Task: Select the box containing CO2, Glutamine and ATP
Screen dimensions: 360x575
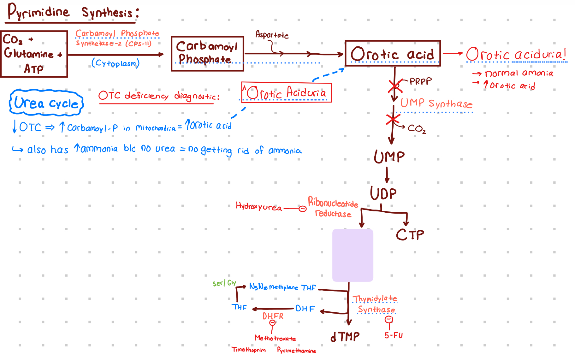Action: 34,54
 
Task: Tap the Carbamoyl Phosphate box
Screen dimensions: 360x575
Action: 207,53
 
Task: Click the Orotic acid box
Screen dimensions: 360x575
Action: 393,53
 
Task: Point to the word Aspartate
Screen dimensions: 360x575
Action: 272,34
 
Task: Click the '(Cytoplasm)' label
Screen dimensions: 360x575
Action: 116,63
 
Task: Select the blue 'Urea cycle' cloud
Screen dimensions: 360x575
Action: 46,103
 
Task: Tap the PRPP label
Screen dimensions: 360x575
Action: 420,81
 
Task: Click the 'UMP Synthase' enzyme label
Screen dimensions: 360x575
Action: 436,103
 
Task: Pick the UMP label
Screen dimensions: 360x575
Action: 389,157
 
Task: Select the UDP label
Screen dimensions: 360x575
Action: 383,193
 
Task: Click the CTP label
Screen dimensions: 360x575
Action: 410,234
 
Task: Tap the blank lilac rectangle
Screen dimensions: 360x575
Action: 353,255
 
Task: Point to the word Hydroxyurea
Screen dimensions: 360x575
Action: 258,207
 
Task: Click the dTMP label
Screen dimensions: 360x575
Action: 345,337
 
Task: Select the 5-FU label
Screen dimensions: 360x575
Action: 393,335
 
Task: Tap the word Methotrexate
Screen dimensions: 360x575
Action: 275,338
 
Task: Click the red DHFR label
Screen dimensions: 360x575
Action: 273,316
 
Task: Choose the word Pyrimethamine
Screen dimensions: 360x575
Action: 296,350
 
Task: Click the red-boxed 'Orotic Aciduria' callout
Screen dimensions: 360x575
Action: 286,92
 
